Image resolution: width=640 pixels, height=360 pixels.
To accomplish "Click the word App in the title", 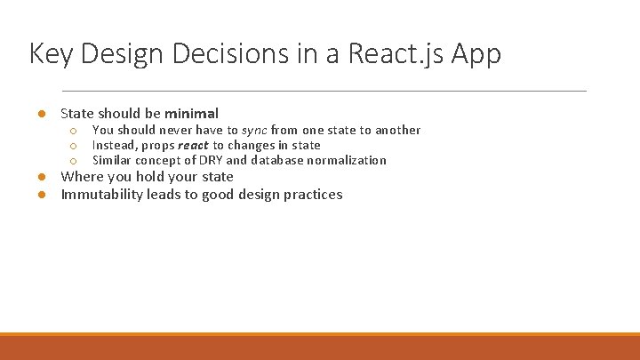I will pyautogui.click(x=476, y=54).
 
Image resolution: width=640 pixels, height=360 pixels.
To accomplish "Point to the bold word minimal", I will pyautogui.click(x=191, y=114).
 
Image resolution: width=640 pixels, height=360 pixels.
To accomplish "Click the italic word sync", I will pyautogui.click(x=254, y=130).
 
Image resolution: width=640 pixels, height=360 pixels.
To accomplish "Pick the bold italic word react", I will pyautogui.click(x=193, y=145).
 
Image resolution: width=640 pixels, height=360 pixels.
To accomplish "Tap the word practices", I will pyautogui.click(x=312, y=195).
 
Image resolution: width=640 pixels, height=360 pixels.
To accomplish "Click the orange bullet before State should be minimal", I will pyautogui.click(x=41, y=114).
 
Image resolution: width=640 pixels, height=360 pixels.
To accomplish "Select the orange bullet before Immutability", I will pyautogui.click(x=41, y=195).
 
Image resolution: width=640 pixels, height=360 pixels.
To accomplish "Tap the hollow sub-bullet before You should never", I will pyautogui.click(x=75, y=131).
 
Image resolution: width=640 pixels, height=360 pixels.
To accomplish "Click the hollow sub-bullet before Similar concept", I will pyautogui.click(x=75, y=161).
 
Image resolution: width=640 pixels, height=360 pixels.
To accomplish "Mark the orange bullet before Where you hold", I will pyautogui.click(x=41, y=177).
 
